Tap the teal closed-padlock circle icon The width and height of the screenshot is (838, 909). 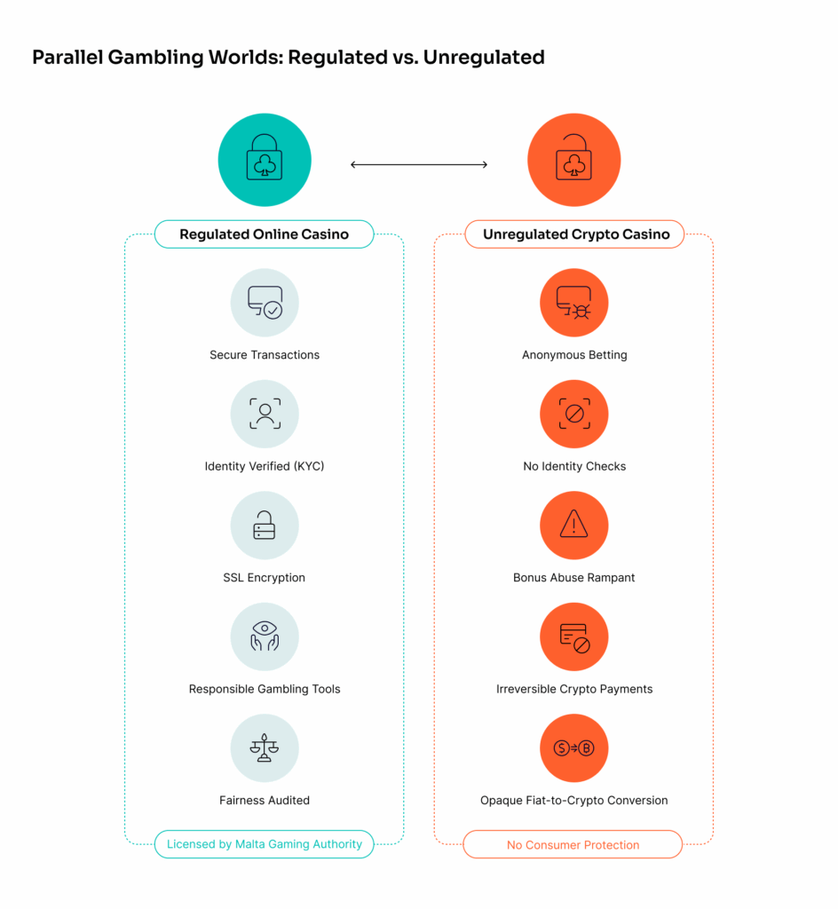[265, 161]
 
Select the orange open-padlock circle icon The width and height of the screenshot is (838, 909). [573, 161]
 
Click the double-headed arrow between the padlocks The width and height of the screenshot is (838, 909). [419, 164]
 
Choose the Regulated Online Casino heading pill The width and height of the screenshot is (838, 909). [265, 234]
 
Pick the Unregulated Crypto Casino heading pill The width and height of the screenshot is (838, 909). [574, 234]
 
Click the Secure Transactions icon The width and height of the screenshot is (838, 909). [265, 303]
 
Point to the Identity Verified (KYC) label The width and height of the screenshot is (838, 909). [265, 466]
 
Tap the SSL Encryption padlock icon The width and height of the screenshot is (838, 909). [265, 526]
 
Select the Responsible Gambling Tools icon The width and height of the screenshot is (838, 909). [265, 636]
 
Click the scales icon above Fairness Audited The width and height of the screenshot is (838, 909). [265, 748]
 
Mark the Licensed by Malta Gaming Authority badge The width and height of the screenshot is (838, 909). [265, 844]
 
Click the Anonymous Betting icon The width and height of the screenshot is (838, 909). [574, 303]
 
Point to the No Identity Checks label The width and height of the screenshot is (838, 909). [574, 466]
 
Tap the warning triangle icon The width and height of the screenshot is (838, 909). [574, 526]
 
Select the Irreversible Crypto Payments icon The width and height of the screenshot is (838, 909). [574, 636]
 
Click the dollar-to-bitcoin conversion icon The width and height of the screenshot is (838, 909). [574, 748]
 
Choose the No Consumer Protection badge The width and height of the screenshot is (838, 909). [573, 844]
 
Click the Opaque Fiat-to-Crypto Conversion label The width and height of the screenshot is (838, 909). [574, 800]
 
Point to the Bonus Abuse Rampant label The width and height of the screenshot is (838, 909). [574, 577]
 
